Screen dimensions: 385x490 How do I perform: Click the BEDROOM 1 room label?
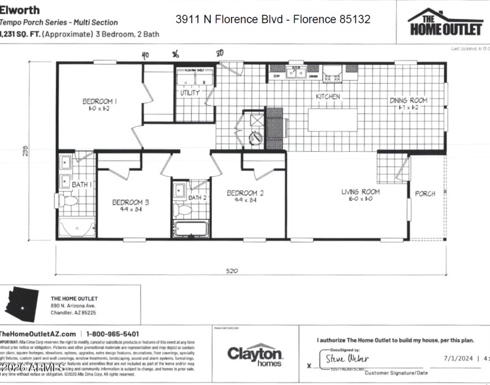pyautogui.click(x=100, y=101)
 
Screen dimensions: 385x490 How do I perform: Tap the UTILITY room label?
pyautogui.click(x=189, y=93)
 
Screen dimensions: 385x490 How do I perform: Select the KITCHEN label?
pyautogui.click(x=328, y=97)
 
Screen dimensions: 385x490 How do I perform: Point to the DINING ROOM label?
pyautogui.click(x=409, y=100)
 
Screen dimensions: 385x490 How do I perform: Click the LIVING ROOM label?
pyautogui.click(x=360, y=192)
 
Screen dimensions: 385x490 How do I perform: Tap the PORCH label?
pyautogui.click(x=425, y=193)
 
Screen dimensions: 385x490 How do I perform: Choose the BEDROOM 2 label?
pyautogui.click(x=245, y=193)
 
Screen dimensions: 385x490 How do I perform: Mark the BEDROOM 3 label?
pyautogui.click(x=130, y=202)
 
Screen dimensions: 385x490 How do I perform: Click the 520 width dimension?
pyautogui.click(x=232, y=270)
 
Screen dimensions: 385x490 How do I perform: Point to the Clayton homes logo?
pyautogui.click(x=255, y=354)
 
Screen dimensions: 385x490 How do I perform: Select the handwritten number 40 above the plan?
pyautogui.click(x=145, y=55)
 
